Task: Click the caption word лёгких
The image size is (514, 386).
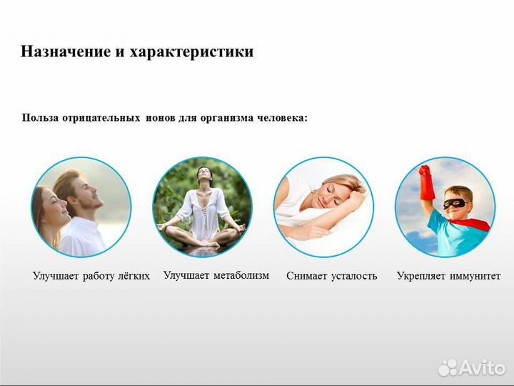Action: click(x=131, y=276)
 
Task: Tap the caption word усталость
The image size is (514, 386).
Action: click(x=354, y=276)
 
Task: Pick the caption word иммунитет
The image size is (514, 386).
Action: click(x=475, y=276)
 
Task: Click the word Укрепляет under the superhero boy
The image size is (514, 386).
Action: click(x=422, y=276)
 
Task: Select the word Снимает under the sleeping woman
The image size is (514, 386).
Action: click(x=308, y=276)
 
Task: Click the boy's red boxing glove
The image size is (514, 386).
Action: click(x=426, y=183)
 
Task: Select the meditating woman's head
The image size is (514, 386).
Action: click(x=203, y=175)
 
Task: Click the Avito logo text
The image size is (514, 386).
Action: click(x=482, y=367)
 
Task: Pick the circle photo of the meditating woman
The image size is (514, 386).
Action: click(x=203, y=207)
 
